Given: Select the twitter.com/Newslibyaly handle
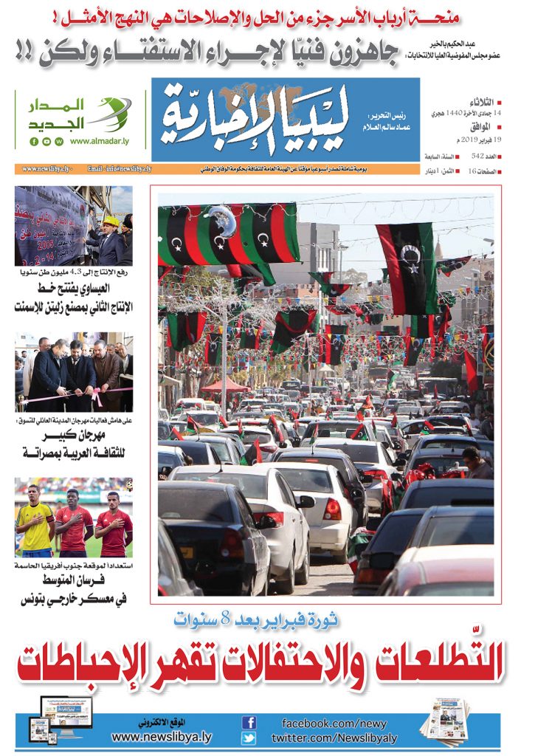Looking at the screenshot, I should coord(334,738).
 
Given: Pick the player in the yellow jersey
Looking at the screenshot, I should coord(35,520).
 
